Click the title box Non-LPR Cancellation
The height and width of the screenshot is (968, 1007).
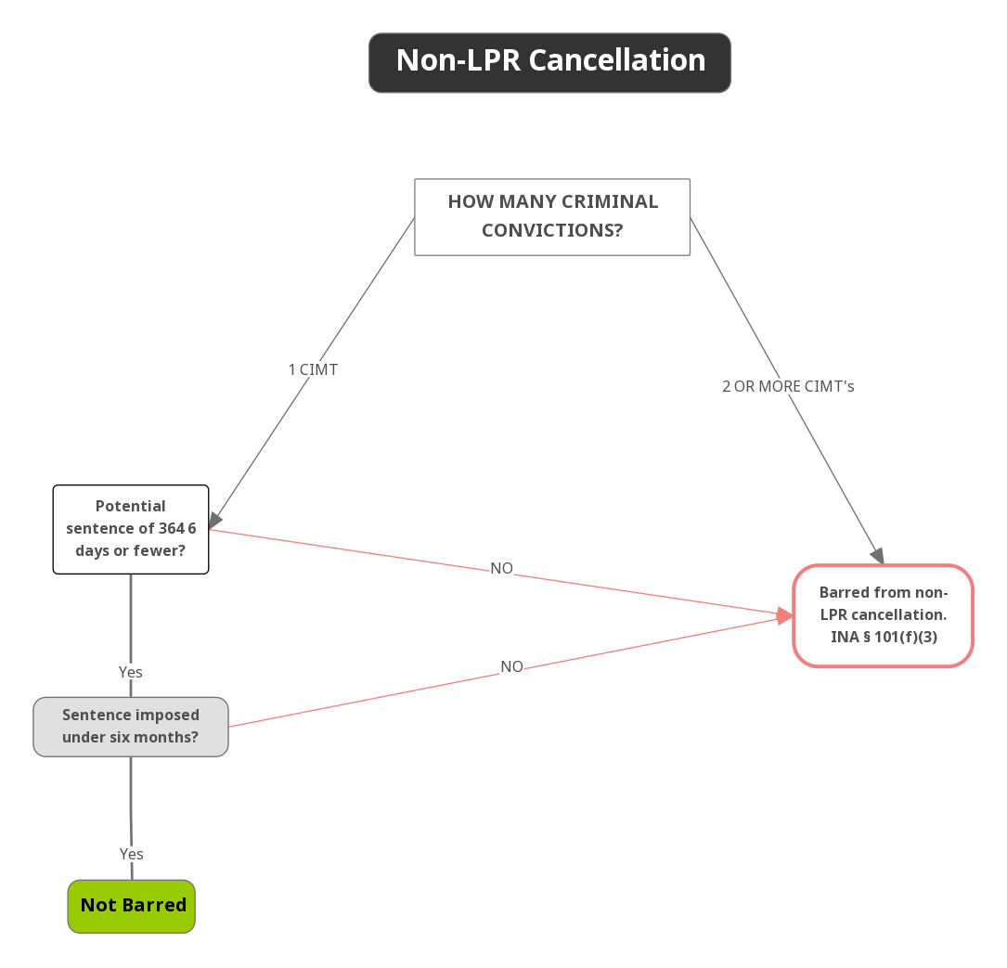(549, 62)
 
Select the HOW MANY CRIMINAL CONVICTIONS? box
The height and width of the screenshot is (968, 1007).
(552, 216)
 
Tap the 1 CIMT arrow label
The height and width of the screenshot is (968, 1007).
(313, 369)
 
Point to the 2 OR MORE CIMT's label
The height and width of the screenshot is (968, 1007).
(788, 386)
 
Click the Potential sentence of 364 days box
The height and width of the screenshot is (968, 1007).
(131, 529)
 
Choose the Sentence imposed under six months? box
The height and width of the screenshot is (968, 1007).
(131, 726)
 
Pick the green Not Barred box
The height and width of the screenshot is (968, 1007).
(132, 906)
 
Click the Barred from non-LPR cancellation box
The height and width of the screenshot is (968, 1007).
(883, 615)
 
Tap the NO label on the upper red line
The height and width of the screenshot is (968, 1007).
(501, 568)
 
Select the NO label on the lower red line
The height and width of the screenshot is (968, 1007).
(511, 666)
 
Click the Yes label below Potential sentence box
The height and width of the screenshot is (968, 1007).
(131, 671)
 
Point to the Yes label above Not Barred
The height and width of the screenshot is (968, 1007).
(132, 853)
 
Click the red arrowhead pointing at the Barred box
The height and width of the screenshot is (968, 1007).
(785, 615)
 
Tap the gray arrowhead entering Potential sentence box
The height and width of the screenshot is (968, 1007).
(215, 522)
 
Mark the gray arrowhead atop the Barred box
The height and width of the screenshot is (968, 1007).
(877, 556)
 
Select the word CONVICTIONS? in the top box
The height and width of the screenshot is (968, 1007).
(552, 230)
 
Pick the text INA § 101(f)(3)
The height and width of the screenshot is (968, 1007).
(883, 637)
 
